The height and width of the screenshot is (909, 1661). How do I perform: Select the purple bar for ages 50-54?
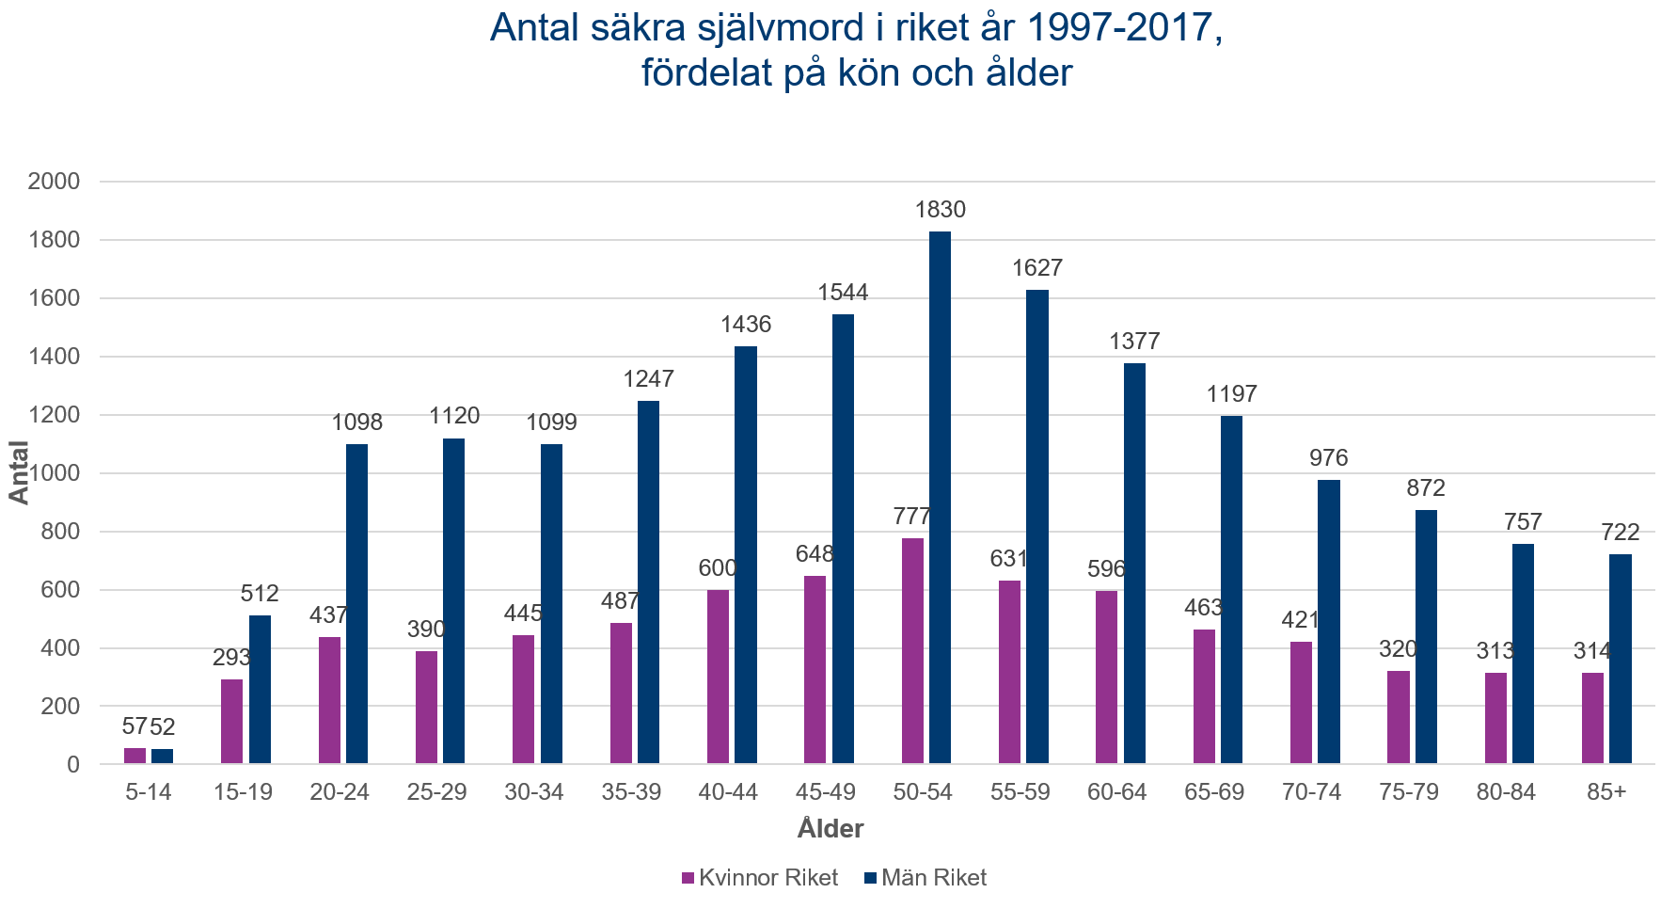tap(912, 650)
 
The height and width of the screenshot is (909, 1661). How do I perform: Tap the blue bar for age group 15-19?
tap(260, 689)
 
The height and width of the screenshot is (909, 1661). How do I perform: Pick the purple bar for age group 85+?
tap(1592, 717)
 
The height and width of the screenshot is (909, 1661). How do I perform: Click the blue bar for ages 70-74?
tap(1328, 621)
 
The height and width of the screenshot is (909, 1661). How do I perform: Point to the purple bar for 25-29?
tap(426, 707)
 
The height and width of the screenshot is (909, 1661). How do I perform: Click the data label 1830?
tap(941, 210)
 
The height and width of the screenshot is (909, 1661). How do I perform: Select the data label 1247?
tap(648, 379)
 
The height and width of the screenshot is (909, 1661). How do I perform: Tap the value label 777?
tap(911, 517)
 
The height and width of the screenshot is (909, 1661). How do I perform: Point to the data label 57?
tap(134, 726)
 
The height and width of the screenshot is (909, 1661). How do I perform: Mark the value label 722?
tap(1621, 533)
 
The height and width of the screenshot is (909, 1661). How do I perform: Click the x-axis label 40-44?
tap(728, 792)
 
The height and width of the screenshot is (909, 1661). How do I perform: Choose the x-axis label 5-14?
tap(149, 792)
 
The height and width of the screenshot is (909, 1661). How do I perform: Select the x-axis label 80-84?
tap(1506, 792)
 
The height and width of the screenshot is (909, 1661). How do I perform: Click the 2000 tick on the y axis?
tap(55, 182)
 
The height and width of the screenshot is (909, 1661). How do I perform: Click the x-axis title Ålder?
tap(830, 829)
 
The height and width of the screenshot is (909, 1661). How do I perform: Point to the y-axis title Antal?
tap(20, 472)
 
